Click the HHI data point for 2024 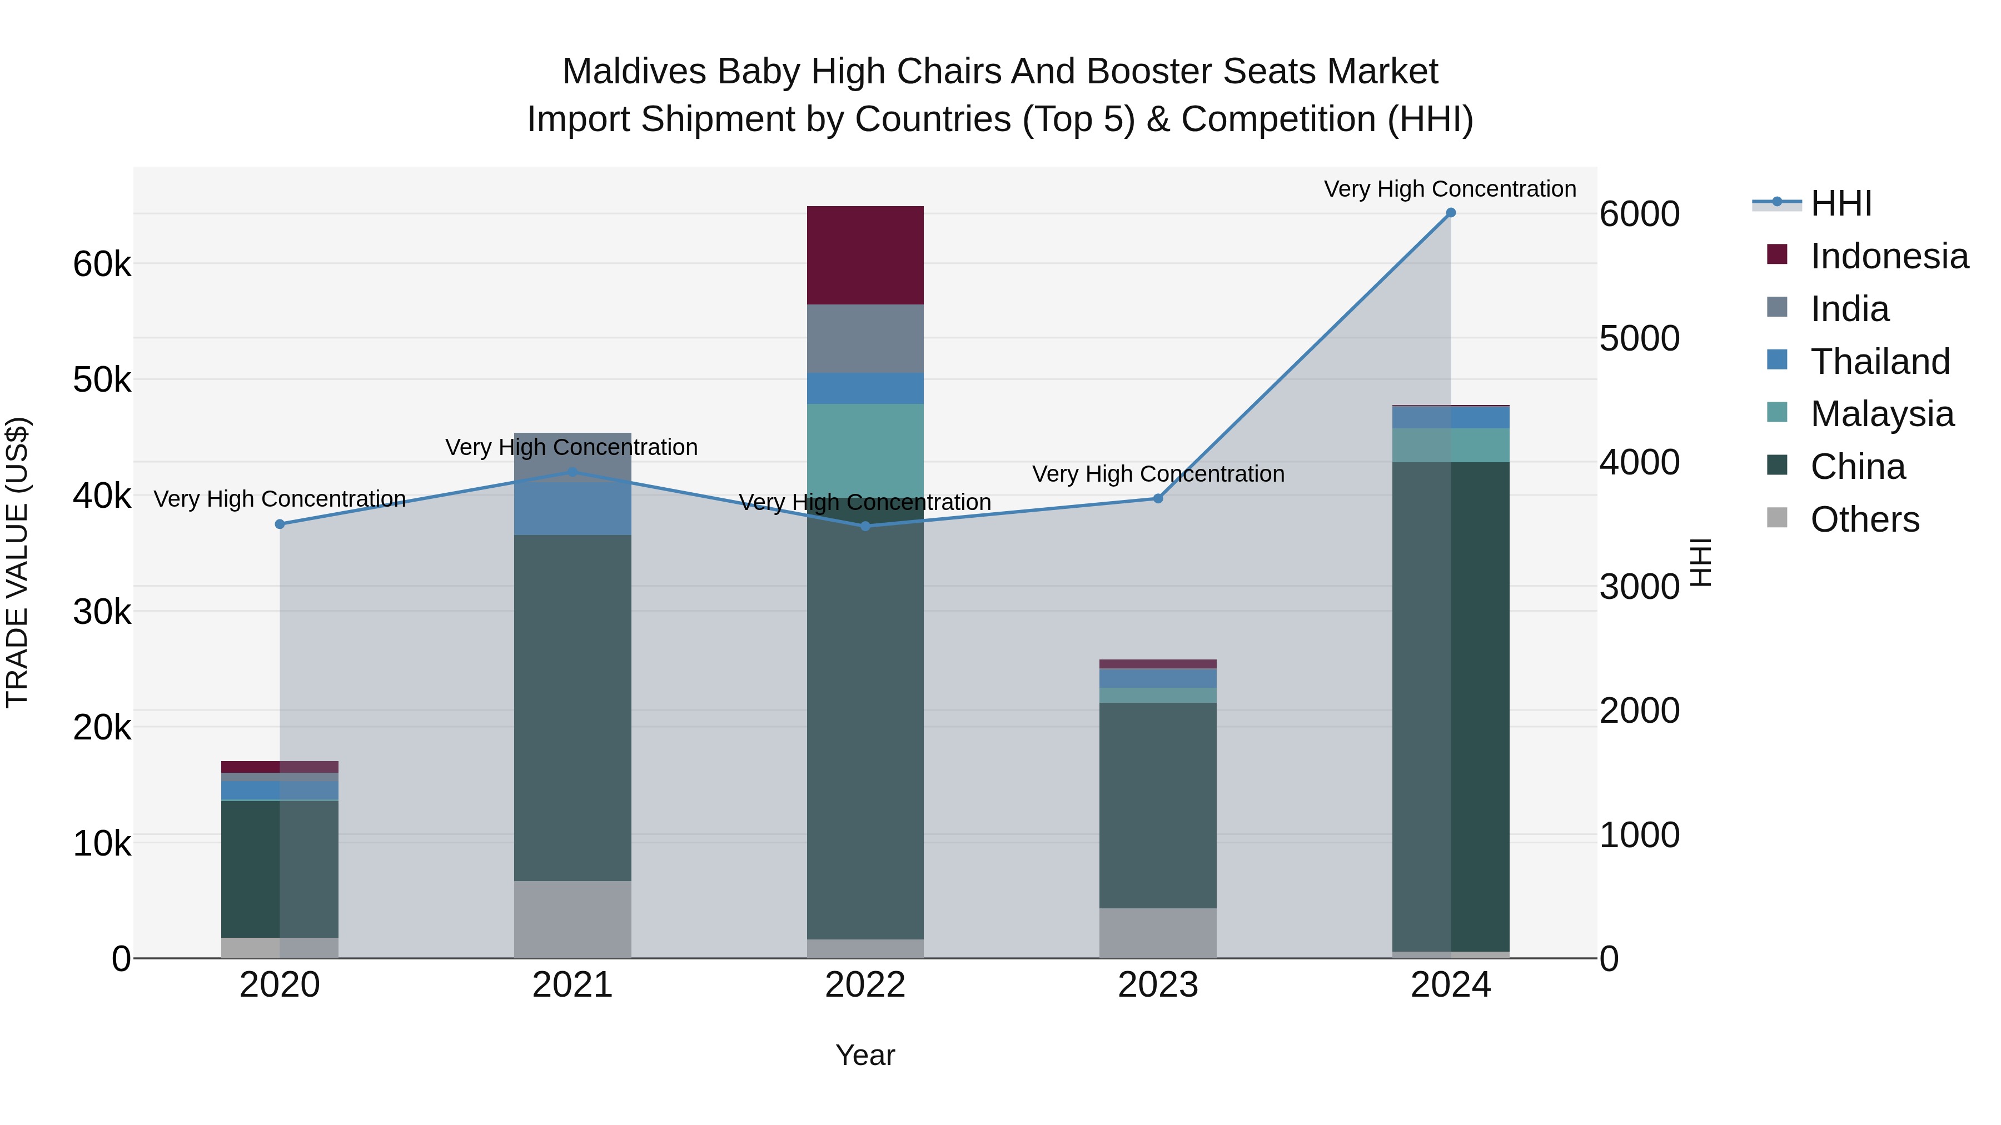(x=1450, y=213)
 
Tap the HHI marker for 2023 (x=1157, y=498)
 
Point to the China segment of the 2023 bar (x=1157, y=804)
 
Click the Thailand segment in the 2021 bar (x=573, y=508)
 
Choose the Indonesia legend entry (x=1888, y=256)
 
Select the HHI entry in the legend (x=1840, y=203)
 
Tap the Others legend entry (x=1864, y=519)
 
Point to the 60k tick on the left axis (x=102, y=264)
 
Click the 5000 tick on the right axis (x=1639, y=338)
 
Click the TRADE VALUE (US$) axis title (x=17, y=562)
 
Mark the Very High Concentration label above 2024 (x=1450, y=189)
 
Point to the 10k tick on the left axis (x=102, y=843)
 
